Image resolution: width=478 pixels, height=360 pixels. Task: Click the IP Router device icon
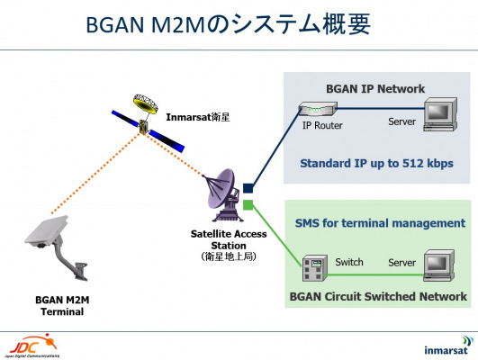click(x=318, y=109)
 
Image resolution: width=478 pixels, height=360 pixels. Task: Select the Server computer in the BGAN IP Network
click(x=440, y=114)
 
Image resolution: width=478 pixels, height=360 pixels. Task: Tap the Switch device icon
click(x=315, y=268)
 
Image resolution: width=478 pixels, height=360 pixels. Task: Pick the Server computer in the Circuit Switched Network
click(x=439, y=265)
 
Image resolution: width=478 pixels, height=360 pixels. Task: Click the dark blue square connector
click(x=248, y=188)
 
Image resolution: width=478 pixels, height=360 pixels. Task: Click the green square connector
click(x=248, y=205)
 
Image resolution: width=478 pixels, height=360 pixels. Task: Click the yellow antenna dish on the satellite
click(x=146, y=103)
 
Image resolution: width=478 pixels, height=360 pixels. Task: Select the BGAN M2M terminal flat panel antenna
click(x=46, y=230)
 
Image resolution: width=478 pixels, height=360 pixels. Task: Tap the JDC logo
click(x=33, y=346)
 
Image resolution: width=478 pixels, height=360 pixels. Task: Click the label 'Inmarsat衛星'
click(x=197, y=117)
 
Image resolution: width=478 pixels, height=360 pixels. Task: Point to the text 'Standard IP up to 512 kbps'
click(x=376, y=164)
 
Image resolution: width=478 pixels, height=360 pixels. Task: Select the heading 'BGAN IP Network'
click(x=375, y=89)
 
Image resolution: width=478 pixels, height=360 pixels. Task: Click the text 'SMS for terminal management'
click(x=380, y=223)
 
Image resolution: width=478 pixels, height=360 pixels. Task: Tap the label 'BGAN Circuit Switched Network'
click(x=378, y=296)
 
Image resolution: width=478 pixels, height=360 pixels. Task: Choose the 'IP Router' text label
click(x=322, y=125)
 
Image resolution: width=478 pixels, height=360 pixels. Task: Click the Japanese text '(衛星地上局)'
click(x=229, y=256)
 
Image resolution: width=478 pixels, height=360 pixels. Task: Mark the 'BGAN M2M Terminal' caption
click(x=62, y=306)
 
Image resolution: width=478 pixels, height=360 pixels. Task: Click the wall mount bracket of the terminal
click(x=73, y=262)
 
